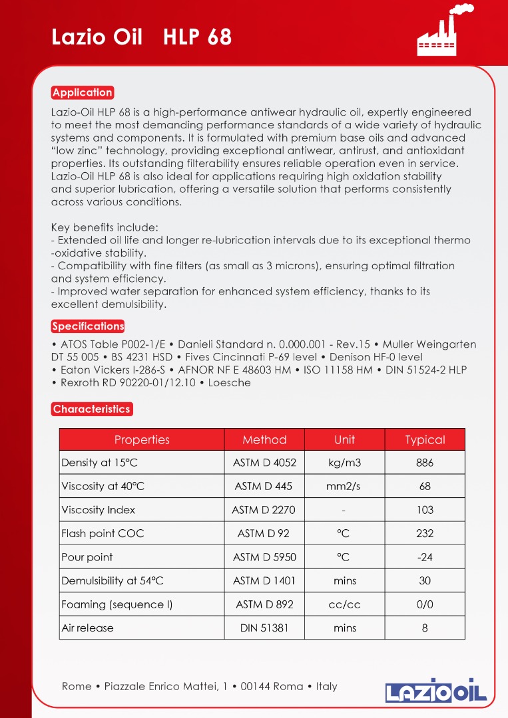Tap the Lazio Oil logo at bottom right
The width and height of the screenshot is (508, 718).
tap(436, 690)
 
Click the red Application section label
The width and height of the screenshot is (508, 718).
tap(83, 92)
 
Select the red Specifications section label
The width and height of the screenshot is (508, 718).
tap(88, 326)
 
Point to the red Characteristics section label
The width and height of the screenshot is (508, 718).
tap(92, 409)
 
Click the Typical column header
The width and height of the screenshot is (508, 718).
tap(425, 439)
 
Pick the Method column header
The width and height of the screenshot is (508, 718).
tap(264, 439)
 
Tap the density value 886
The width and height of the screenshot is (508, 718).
tap(425, 463)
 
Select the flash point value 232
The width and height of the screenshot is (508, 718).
tap(425, 533)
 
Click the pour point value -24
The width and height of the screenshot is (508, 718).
tap(425, 557)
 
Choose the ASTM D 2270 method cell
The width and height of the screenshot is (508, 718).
tap(264, 510)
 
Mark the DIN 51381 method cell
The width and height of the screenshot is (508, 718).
tap(264, 628)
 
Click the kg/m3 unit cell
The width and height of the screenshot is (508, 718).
tap(345, 463)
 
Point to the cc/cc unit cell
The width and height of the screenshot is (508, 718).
tap(345, 604)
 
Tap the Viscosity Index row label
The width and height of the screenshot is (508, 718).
tap(98, 510)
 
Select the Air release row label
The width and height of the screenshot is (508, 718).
tap(87, 628)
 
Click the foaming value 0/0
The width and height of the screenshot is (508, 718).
tap(425, 604)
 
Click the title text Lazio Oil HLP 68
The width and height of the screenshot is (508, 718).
tap(142, 37)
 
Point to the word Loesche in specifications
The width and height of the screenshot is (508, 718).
tap(230, 383)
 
